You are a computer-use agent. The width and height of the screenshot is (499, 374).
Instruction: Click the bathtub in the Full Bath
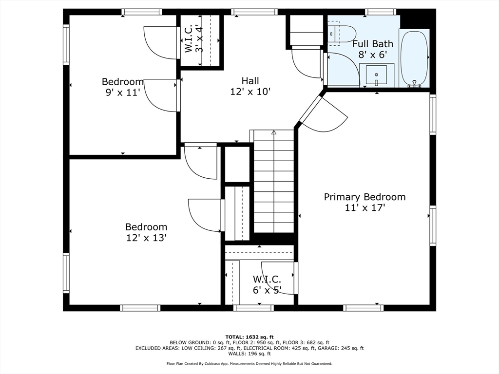click(x=414, y=58)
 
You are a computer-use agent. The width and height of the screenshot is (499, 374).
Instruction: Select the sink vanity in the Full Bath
click(x=376, y=75)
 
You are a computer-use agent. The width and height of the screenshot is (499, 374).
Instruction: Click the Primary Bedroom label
click(x=365, y=197)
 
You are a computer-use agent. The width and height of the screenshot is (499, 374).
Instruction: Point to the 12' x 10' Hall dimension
click(x=250, y=91)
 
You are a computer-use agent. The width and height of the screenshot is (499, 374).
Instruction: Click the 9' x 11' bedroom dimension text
click(x=123, y=92)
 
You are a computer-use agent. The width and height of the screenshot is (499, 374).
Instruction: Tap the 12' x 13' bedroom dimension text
click(x=146, y=238)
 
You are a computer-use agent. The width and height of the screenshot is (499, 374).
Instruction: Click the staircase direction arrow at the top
click(x=273, y=132)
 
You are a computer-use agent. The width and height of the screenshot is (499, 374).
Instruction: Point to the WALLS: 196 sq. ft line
click(x=249, y=354)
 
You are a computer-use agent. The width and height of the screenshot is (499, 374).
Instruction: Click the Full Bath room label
click(x=373, y=44)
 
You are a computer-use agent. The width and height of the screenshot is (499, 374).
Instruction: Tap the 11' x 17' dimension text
click(x=365, y=207)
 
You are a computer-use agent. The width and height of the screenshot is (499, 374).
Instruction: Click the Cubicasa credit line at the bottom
click(x=249, y=363)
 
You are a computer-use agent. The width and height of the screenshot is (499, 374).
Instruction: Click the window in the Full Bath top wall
click(x=380, y=12)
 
